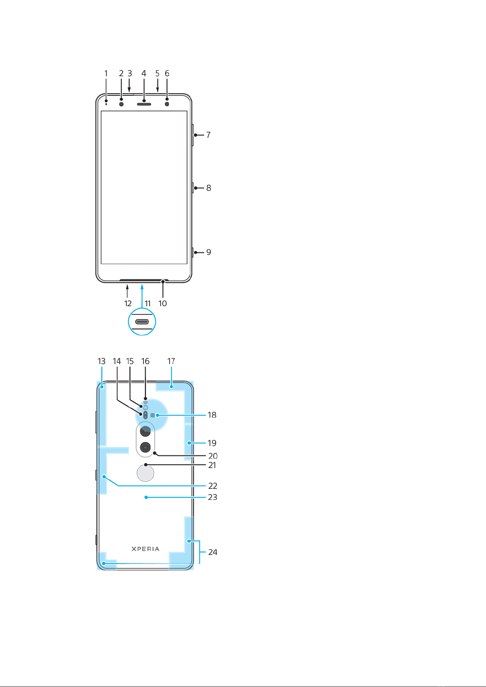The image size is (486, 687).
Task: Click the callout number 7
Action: point(208,135)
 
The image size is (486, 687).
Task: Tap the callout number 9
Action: point(208,252)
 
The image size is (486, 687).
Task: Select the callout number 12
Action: point(128,304)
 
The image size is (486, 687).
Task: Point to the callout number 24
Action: point(213,552)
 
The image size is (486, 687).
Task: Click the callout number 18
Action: point(212,415)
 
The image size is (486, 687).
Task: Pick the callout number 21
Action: point(212,465)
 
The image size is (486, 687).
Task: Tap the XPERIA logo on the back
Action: point(145,549)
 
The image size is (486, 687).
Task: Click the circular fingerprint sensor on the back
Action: point(145,473)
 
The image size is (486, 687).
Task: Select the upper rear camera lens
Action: point(145,431)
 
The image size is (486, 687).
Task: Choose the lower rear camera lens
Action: point(145,448)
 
